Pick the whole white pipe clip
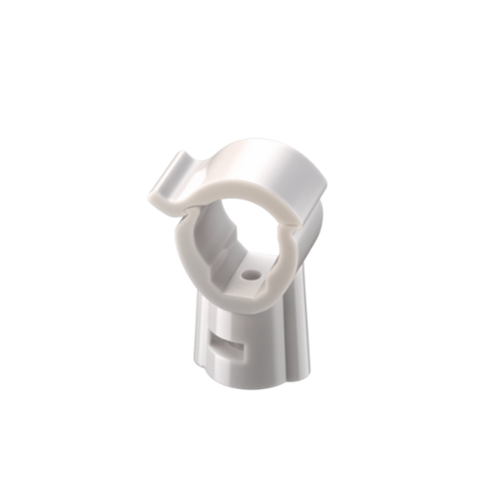pyautogui.click(x=249, y=269)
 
